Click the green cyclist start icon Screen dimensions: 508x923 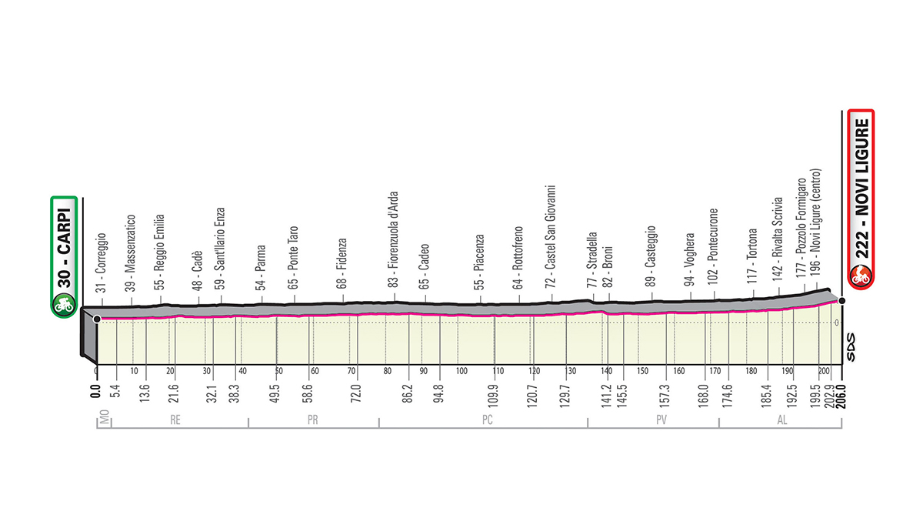click(62, 306)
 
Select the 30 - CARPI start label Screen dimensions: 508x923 click(62, 244)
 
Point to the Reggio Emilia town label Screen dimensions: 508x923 click(160, 250)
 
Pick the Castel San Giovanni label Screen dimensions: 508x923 click(551, 236)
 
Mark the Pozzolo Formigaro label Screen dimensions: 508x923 click(801, 223)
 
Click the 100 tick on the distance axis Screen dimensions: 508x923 click(461, 371)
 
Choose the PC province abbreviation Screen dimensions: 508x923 click(487, 421)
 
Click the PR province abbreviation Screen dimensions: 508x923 click(313, 421)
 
